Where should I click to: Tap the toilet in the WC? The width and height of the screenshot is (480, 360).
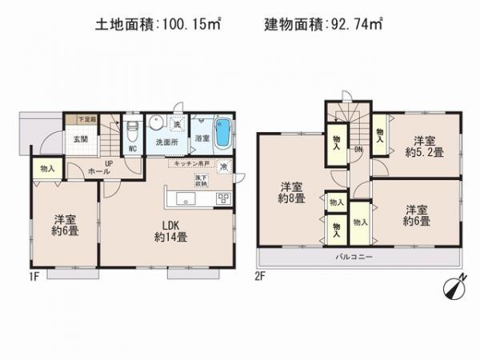point(133,126)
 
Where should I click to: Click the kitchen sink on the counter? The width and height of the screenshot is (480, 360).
point(182,198)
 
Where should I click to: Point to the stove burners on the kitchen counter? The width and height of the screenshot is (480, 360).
point(223,198)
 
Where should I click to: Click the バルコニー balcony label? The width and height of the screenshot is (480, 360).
point(350,258)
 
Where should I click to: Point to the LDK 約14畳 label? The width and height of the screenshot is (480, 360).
point(170,230)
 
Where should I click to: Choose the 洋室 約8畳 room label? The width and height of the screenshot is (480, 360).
point(290,191)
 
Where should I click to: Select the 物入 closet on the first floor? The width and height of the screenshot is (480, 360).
point(47,168)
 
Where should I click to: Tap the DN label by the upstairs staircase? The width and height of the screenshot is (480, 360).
point(358,149)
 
